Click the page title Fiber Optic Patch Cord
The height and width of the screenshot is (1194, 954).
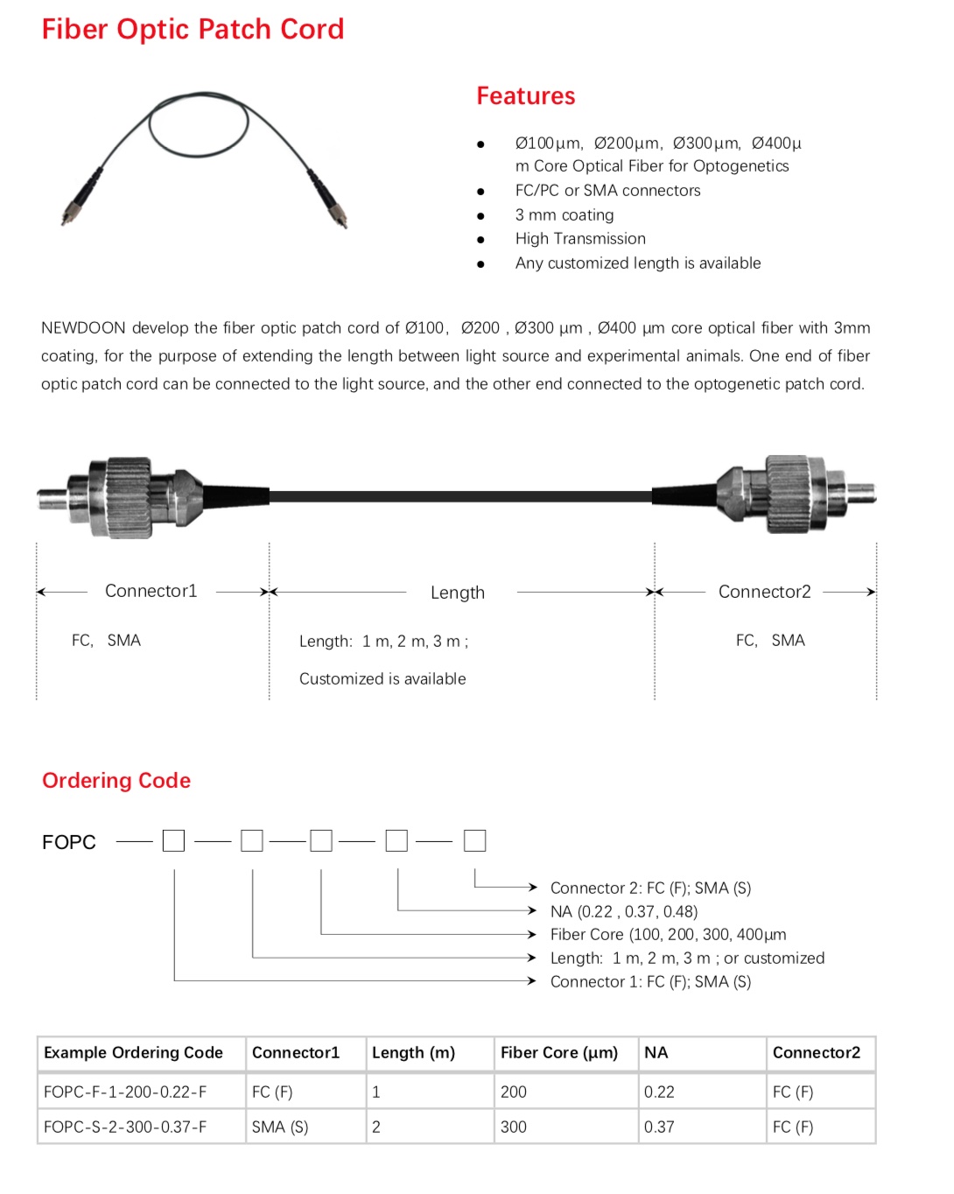(193, 30)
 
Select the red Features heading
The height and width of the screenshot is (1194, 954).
(525, 96)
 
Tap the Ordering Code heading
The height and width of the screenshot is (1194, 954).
(116, 780)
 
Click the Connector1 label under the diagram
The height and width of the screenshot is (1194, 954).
(151, 591)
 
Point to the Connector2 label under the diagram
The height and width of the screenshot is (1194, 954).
(764, 592)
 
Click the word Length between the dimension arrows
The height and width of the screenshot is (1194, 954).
(458, 593)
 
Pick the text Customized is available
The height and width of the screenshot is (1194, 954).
(382, 678)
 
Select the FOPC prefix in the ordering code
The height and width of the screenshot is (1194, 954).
(69, 842)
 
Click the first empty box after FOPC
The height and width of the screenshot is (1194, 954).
(174, 841)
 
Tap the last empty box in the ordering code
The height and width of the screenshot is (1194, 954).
(474, 840)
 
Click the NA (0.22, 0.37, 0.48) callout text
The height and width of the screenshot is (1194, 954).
(624, 911)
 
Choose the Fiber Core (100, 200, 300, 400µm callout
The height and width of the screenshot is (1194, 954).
(668, 934)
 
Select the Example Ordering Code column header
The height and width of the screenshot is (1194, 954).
(133, 1052)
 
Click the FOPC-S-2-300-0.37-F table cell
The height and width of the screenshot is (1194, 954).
(125, 1127)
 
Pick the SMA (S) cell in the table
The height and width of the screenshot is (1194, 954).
(280, 1127)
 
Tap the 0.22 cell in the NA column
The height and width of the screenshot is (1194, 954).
(659, 1092)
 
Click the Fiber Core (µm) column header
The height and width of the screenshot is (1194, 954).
(559, 1052)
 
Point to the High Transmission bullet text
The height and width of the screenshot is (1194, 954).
(580, 238)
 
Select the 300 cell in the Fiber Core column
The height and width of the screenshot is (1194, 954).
(514, 1127)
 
